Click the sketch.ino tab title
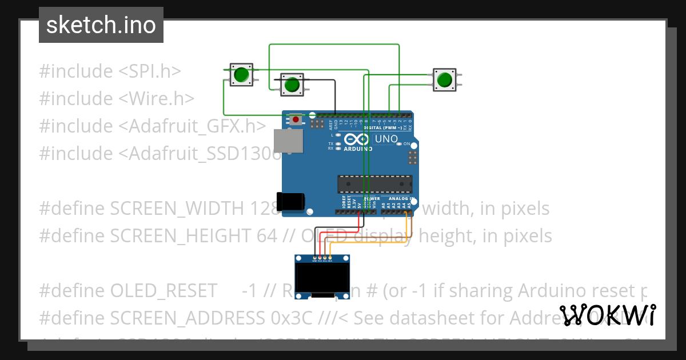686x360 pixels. point(101,25)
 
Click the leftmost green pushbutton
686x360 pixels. point(241,74)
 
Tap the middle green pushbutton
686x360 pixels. point(292,85)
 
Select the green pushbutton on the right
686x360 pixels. point(444,79)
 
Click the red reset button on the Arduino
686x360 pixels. point(296,119)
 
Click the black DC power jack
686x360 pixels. point(291,201)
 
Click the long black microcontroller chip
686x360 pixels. point(374,183)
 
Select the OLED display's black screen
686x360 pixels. point(322,277)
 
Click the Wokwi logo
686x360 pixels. point(607,315)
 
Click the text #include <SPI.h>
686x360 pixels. point(110,71)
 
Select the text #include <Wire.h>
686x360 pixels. point(117,99)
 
